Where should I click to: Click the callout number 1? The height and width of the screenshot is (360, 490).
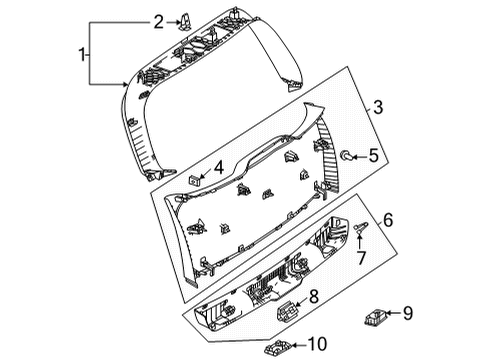pyautogui.click(x=82, y=54)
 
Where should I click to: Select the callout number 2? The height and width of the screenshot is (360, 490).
pyautogui.click(x=159, y=22)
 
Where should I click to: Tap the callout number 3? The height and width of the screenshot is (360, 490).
pyautogui.click(x=378, y=107)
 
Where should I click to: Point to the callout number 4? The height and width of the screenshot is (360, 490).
pyautogui.click(x=219, y=168)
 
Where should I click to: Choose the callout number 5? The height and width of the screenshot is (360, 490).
pyautogui.click(x=374, y=156)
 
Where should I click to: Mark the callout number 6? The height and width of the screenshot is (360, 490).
pyautogui.click(x=388, y=220)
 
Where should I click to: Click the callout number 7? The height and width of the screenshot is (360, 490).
pyautogui.click(x=361, y=258)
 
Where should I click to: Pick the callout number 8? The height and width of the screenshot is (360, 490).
pyautogui.click(x=314, y=296)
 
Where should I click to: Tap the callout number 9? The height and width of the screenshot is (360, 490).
pyautogui.click(x=408, y=313)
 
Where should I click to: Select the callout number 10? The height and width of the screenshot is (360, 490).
pyautogui.click(x=317, y=344)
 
